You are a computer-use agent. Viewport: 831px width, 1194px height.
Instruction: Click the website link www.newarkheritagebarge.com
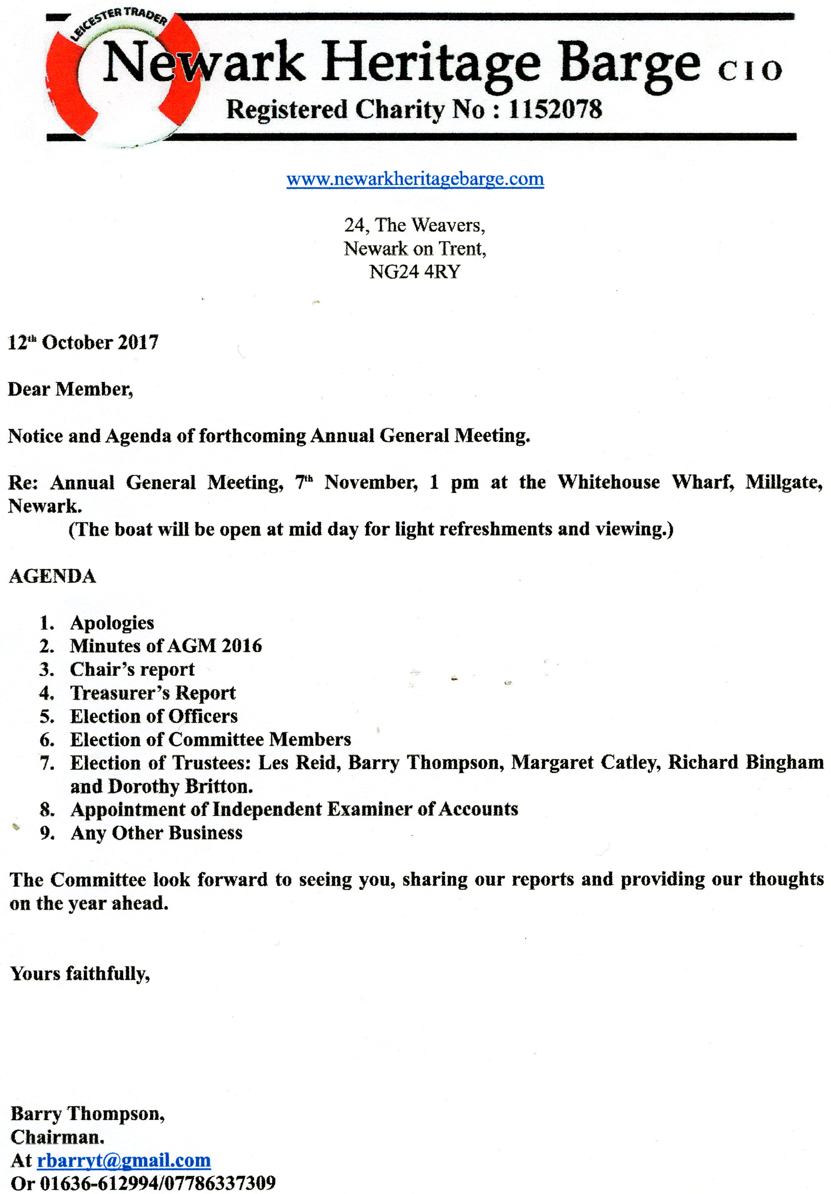point(415,179)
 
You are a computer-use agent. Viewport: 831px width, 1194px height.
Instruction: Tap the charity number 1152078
point(556,110)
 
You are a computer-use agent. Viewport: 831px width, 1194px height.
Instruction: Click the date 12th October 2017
point(83,343)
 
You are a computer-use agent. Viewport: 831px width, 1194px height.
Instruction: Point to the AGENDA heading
point(53,576)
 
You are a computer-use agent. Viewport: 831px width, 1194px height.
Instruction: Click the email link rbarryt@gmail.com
point(124,1160)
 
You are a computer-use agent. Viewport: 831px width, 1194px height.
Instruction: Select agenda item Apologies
point(112,623)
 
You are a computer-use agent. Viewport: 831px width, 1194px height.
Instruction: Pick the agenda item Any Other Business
point(157,833)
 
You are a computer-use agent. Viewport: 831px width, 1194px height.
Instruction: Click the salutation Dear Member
point(71,389)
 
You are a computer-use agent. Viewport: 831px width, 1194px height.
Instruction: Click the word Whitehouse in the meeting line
point(609,482)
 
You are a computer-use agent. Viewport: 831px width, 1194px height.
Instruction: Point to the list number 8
point(47,810)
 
